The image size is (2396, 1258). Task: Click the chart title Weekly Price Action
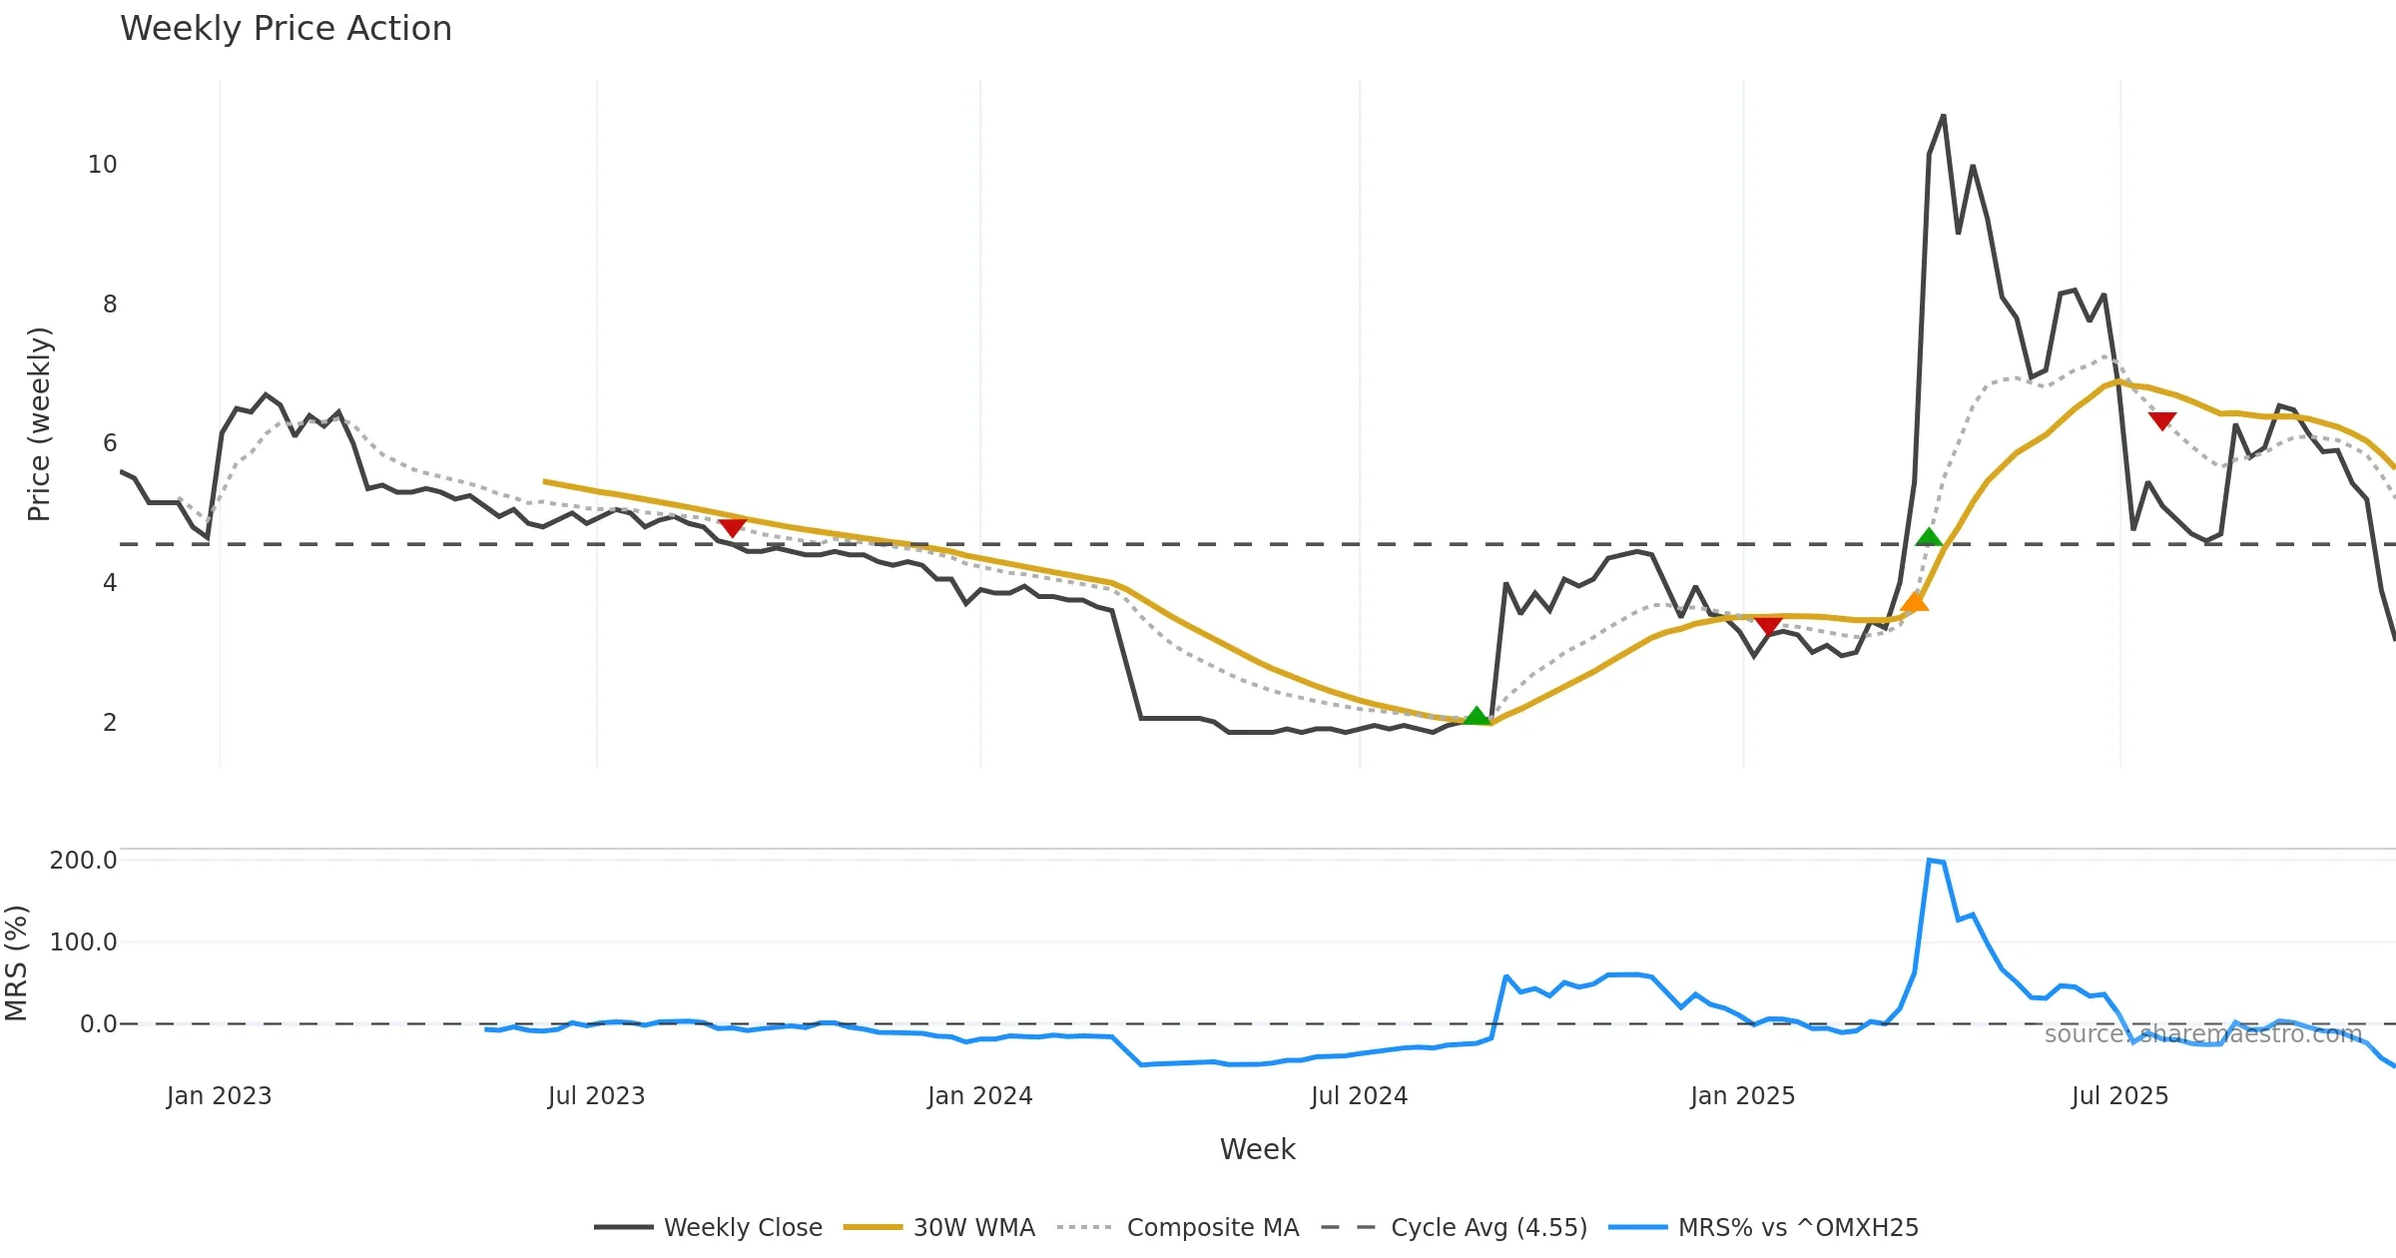(286, 29)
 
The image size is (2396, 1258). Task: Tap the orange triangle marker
(1914, 601)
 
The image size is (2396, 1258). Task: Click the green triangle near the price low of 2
(1476, 716)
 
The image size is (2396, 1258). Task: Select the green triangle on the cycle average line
(1929, 537)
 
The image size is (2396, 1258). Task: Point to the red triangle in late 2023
(732, 526)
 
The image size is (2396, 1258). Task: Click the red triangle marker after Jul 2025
(2162, 421)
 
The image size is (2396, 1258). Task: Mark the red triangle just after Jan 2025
(1768, 626)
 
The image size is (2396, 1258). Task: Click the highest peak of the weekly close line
(1943, 117)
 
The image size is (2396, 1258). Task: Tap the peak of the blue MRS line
(1930, 861)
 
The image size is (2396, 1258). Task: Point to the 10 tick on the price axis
(102, 165)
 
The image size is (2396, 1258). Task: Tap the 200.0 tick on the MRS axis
(83, 861)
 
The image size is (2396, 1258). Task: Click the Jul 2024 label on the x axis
(1359, 1096)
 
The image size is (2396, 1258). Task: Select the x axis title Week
(1257, 1150)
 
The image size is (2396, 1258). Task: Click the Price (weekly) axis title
(38, 424)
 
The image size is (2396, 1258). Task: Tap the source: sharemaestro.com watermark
(2202, 1034)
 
